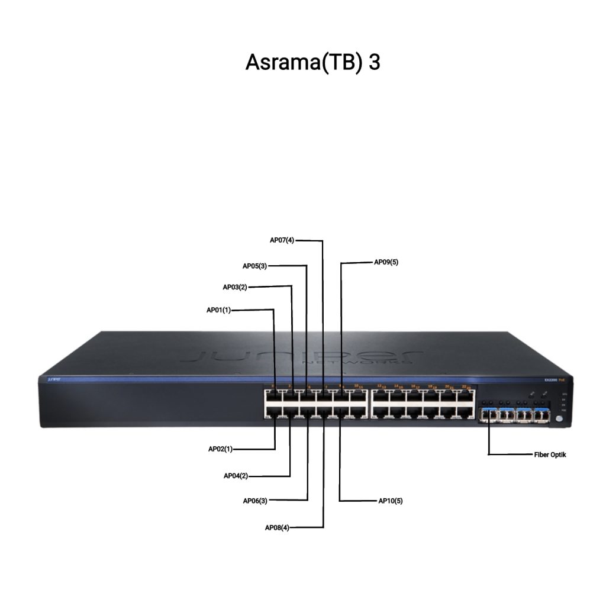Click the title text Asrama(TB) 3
pos(312,63)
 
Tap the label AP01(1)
pos(218,310)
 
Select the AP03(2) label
pos(234,287)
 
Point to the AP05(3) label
pos(254,266)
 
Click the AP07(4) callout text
pos(282,240)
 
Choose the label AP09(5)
pos(386,262)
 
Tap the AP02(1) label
pos(220,449)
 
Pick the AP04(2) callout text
pos(236,476)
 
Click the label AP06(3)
pos(255,501)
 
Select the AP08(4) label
pos(277,528)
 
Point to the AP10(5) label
pos(391,501)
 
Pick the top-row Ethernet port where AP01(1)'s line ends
pos(275,396)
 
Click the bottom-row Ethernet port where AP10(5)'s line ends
pos(341,412)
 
